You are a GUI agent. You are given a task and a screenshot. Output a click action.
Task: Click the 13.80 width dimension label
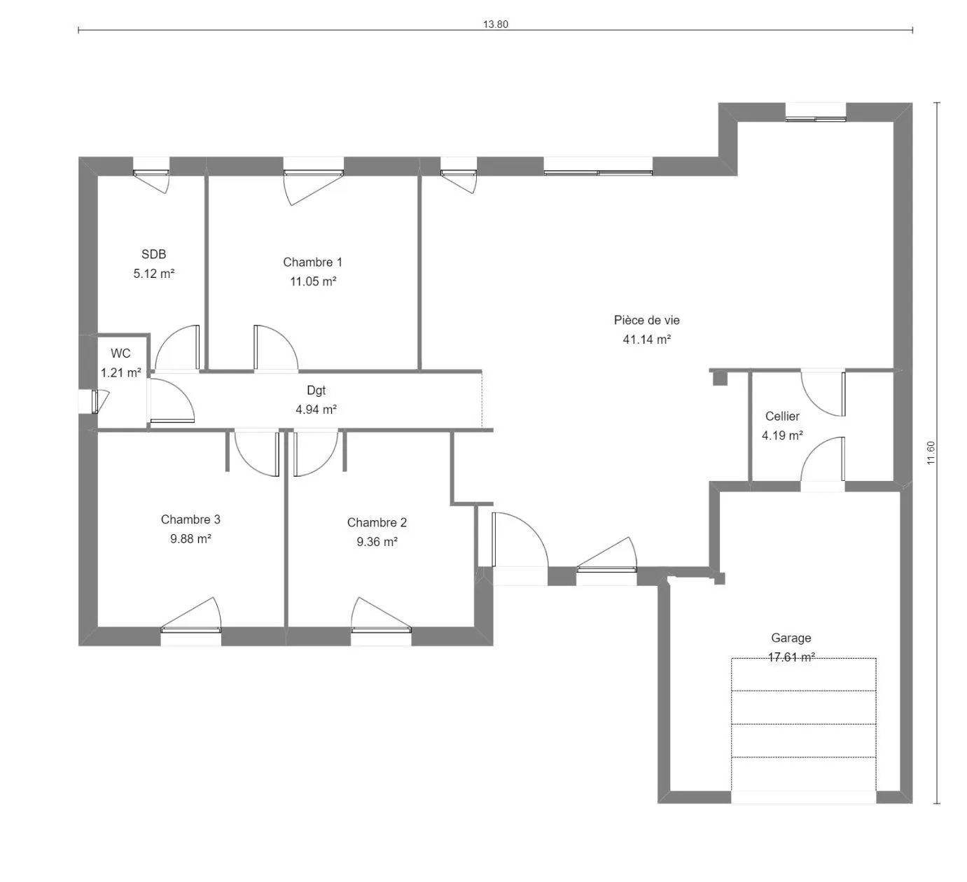pyautogui.click(x=495, y=24)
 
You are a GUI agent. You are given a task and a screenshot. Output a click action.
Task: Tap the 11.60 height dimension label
pyautogui.click(x=931, y=453)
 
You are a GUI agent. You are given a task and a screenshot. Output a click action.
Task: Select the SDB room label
pyautogui.click(x=154, y=254)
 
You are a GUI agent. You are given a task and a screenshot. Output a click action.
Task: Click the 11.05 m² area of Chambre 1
pyautogui.click(x=313, y=281)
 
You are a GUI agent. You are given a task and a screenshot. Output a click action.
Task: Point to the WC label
pyautogui.click(x=120, y=353)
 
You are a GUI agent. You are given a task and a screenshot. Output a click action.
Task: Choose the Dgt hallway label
pyautogui.click(x=316, y=391)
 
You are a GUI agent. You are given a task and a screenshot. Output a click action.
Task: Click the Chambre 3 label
pyautogui.click(x=190, y=519)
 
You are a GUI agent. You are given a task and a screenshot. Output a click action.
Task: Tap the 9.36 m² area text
pyautogui.click(x=377, y=542)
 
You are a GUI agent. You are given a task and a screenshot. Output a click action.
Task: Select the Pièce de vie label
pyautogui.click(x=646, y=320)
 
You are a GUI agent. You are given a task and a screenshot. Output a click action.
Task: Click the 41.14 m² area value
pyautogui.click(x=646, y=339)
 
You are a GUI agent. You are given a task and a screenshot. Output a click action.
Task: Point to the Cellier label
pyautogui.click(x=782, y=416)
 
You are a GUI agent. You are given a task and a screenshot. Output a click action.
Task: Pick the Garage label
pyautogui.click(x=791, y=638)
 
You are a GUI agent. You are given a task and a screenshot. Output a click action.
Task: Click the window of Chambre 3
pyautogui.click(x=191, y=620)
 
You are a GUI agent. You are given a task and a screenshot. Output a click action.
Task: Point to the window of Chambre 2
pyautogui.click(x=382, y=620)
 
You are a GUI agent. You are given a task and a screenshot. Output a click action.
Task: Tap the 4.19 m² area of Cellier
pyautogui.click(x=782, y=435)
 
